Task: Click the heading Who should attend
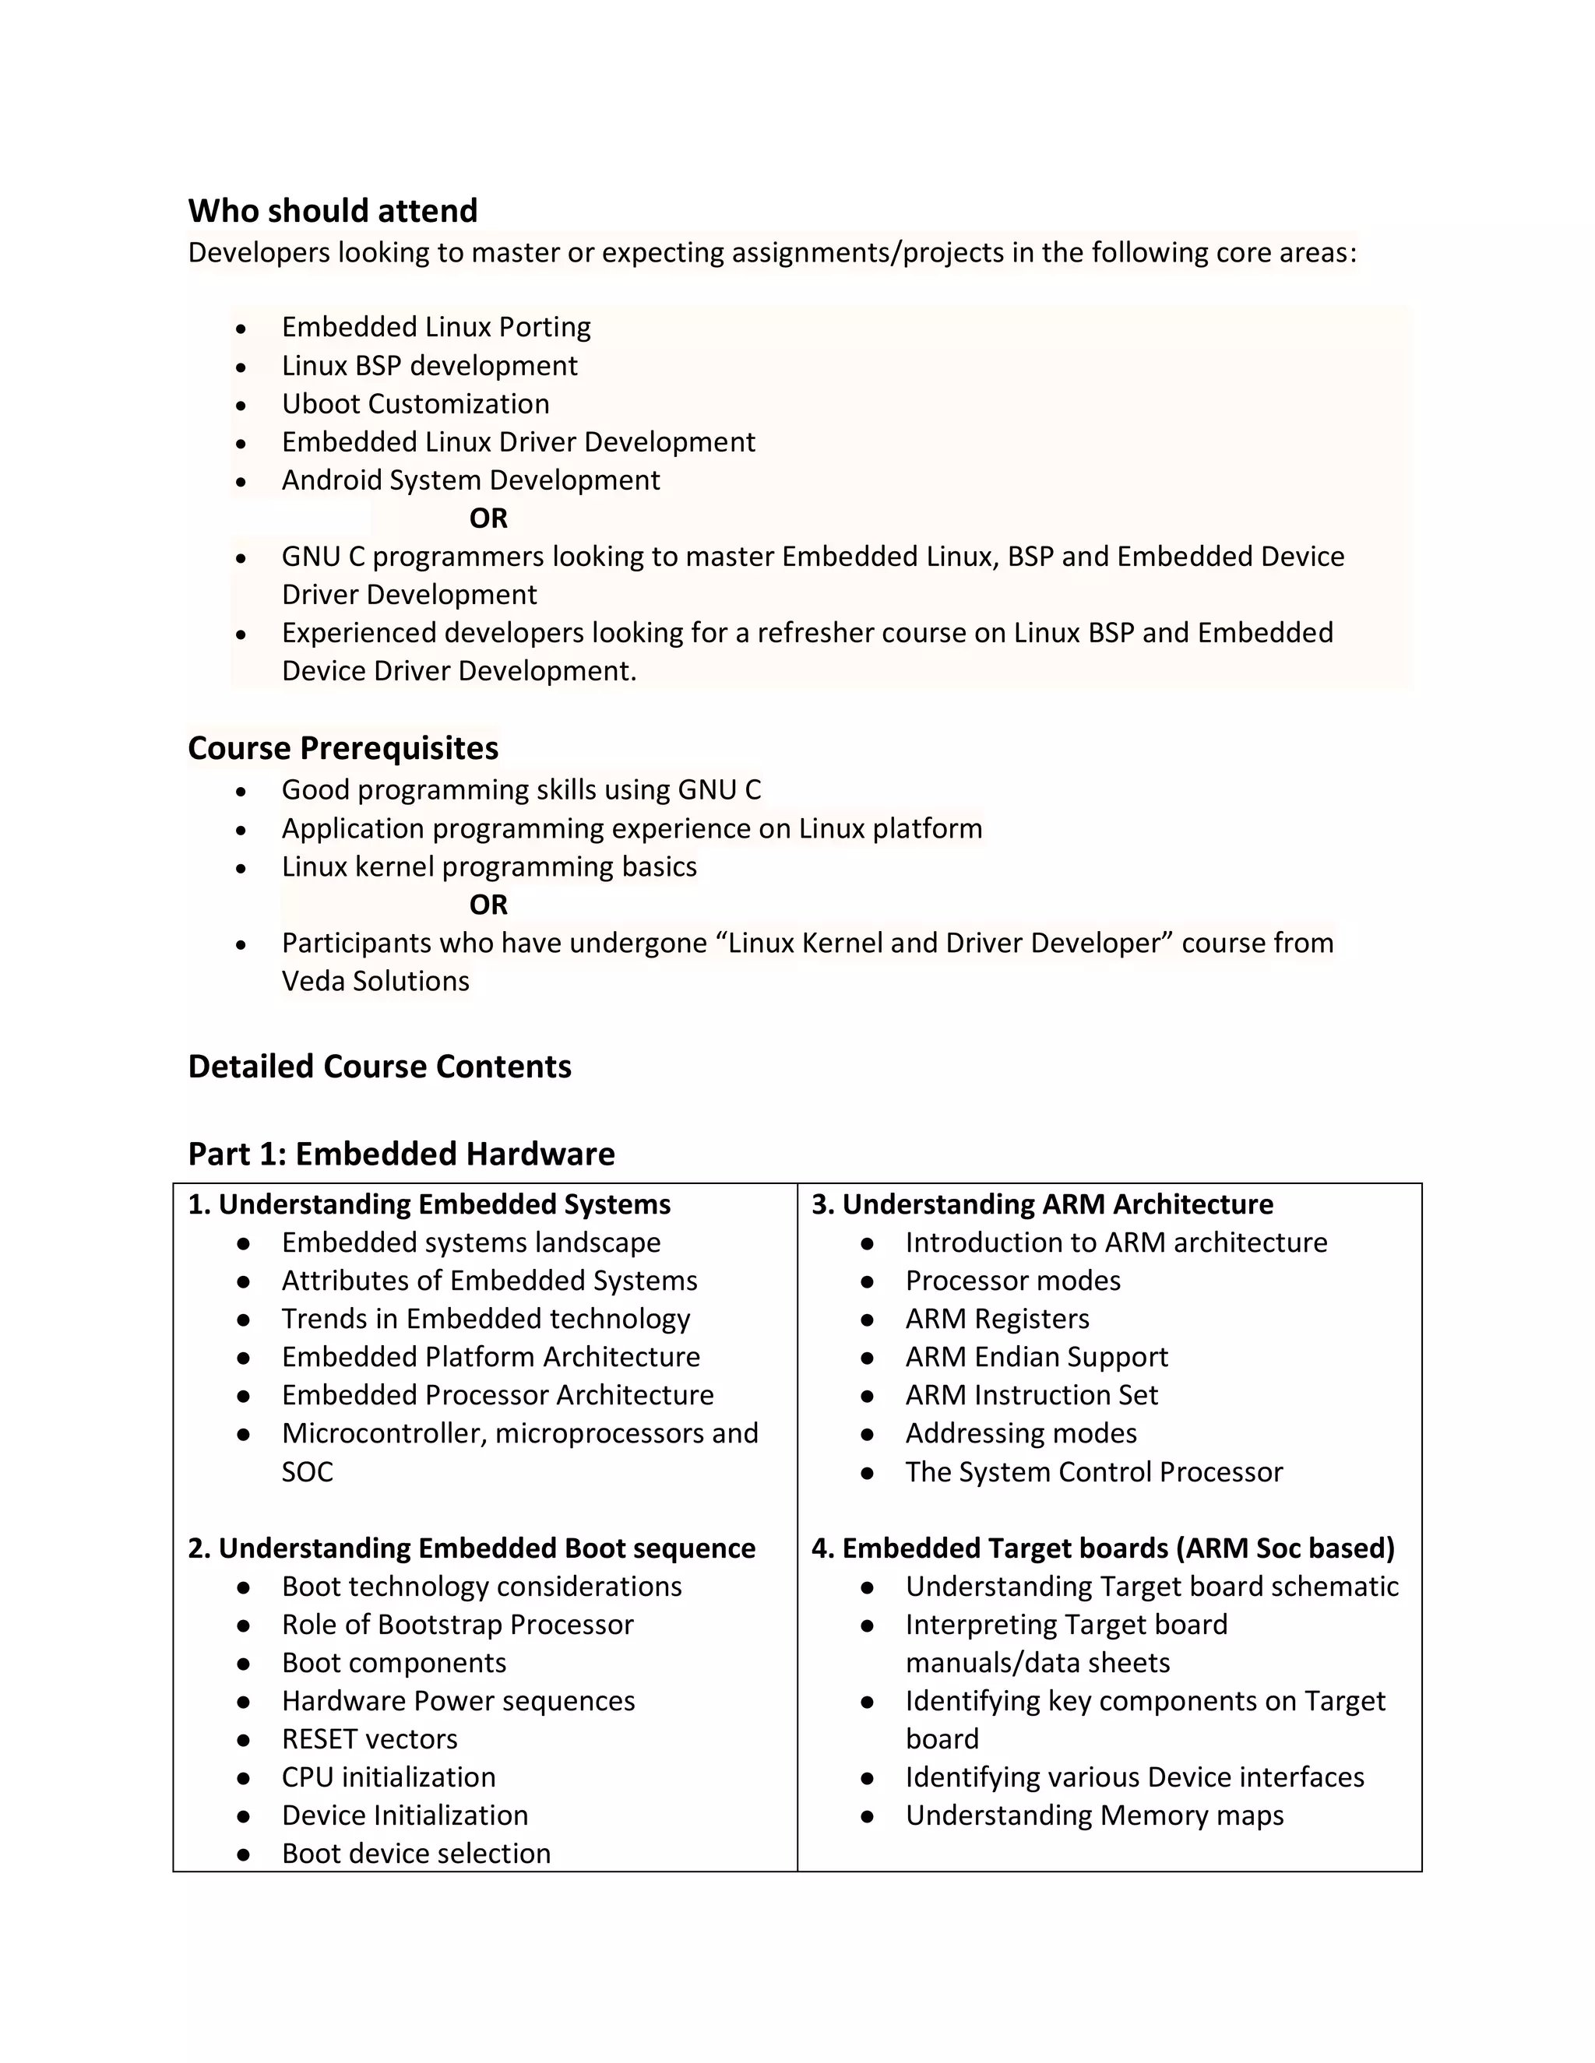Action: [x=333, y=211]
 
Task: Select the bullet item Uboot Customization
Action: [x=415, y=403]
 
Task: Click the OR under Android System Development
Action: [x=488, y=518]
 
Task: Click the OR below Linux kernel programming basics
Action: [x=488, y=904]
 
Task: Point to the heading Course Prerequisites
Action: [x=343, y=747]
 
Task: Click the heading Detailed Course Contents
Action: [x=379, y=1066]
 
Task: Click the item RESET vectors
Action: [x=369, y=1738]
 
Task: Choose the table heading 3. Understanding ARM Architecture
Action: [x=1042, y=1204]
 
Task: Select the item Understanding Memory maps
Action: [x=1094, y=1815]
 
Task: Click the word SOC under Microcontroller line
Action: [x=307, y=1471]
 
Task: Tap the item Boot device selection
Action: [x=416, y=1854]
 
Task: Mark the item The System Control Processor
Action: [x=1093, y=1471]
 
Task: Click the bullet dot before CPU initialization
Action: [x=244, y=1778]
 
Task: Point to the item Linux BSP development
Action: [x=429, y=366]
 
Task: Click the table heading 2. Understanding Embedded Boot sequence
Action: [x=471, y=1548]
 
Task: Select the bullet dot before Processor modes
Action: [x=868, y=1282]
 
